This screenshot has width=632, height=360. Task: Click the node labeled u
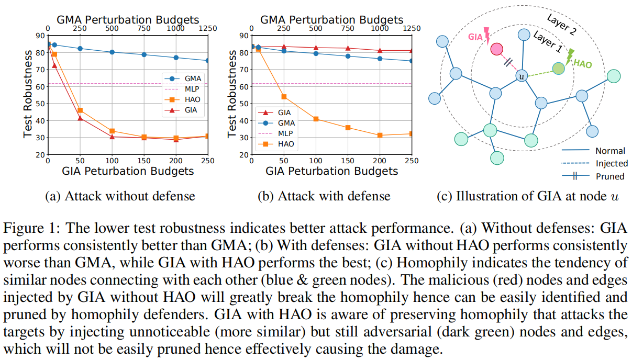tap(522, 76)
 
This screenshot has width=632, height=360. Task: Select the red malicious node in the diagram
tap(496, 49)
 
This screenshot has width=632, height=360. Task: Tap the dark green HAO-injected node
tap(558, 69)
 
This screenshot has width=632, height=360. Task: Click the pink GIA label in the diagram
tap(475, 37)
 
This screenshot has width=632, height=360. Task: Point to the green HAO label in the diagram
tap(583, 64)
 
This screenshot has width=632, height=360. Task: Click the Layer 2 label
tap(561, 25)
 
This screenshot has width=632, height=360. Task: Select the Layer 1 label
tap(548, 42)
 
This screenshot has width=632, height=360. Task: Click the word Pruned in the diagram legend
tap(609, 176)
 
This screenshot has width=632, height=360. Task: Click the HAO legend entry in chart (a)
tap(183, 99)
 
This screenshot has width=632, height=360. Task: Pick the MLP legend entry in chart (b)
tap(275, 133)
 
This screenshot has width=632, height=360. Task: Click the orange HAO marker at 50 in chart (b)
tap(284, 97)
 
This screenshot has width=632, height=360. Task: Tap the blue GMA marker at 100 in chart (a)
tap(112, 52)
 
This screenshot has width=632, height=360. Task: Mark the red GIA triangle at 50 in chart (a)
tap(80, 118)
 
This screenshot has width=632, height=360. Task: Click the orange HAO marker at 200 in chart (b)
tap(380, 136)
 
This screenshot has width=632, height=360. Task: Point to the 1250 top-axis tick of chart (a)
tap(208, 28)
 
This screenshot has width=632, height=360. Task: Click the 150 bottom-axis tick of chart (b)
tap(348, 161)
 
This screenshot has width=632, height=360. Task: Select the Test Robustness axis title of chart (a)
tap(28, 94)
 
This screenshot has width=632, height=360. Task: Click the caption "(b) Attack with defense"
tap(324, 196)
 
